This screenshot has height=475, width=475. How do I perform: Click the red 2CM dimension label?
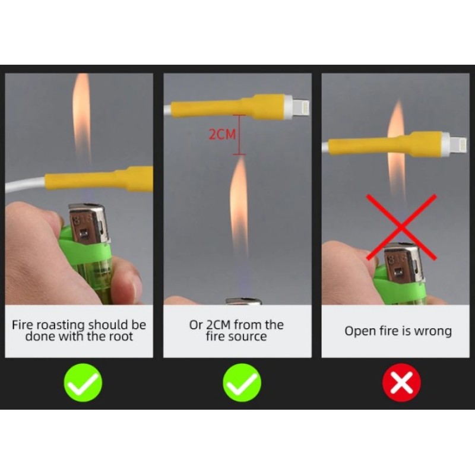tap(222, 134)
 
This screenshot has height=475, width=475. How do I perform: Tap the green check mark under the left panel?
tap(83, 382)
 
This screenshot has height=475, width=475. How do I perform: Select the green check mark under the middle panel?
tap(242, 382)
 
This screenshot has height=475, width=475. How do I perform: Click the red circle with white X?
tap(401, 382)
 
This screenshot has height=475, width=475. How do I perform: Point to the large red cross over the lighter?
tap(401, 227)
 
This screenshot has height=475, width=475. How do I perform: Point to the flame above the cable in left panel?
tap(81, 118)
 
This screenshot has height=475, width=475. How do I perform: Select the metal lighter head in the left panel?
tap(88, 224)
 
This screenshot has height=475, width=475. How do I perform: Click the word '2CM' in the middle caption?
tap(218, 325)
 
